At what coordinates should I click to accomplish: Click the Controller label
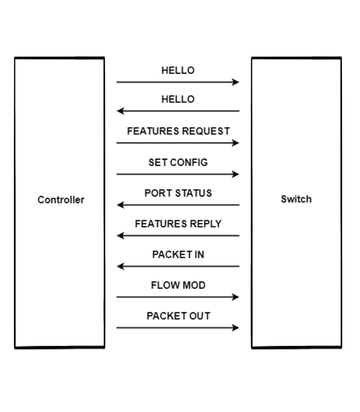pos(61,200)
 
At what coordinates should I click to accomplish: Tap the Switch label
pos(296,199)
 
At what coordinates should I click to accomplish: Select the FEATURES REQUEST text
pos(178,131)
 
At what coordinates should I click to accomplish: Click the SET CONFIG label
pos(178,163)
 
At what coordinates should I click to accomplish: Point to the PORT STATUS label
pos(178,193)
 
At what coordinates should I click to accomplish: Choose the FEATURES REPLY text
pos(178,224)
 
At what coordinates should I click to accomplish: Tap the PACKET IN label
pos(178,255)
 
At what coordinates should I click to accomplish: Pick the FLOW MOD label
pos(178,285)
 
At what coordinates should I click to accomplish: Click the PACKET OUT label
pos(178,316)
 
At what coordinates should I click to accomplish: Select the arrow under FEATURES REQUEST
pos(178,143)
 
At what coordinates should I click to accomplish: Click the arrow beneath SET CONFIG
pos(178,174)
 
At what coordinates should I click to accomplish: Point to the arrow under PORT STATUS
pos(178,205)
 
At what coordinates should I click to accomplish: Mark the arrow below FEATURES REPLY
pos(178,236)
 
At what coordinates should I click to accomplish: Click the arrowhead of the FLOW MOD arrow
pos(236,297)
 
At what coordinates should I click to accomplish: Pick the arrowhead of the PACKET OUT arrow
pos(236,328)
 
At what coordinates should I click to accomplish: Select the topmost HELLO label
pos(178,70)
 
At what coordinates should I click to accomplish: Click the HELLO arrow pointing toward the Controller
pos(178,111)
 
